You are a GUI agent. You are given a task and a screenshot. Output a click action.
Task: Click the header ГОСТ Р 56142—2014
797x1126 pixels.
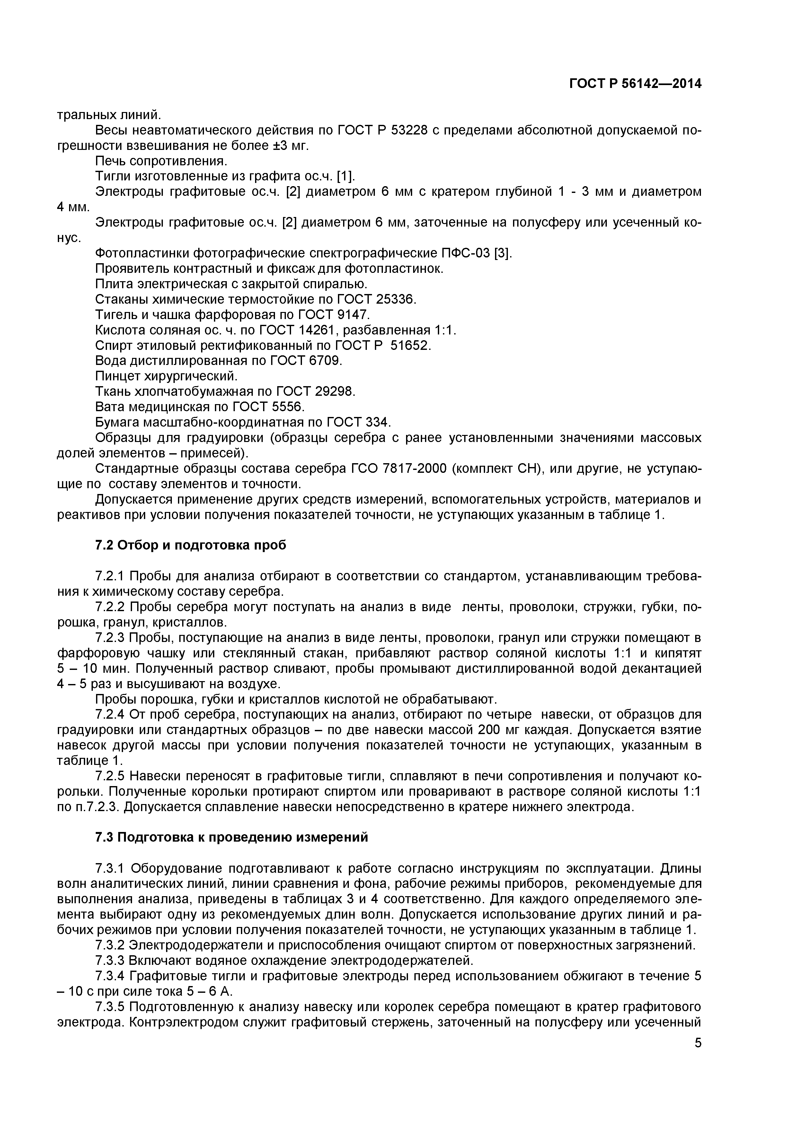(635, 84)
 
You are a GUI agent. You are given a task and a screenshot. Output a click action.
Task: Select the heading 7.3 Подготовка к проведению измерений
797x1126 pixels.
(231, 837)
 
